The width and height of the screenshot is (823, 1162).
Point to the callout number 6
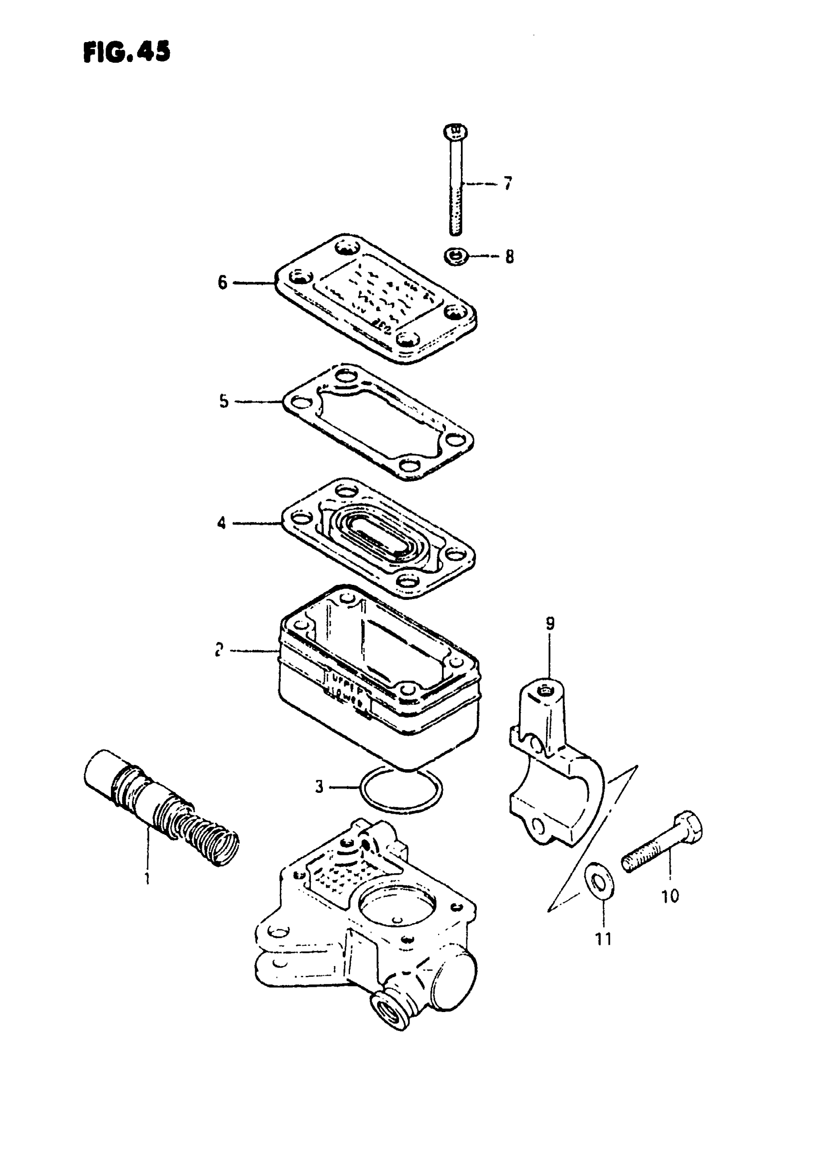pos(223,282)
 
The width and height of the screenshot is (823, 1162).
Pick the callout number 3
pos(319,787)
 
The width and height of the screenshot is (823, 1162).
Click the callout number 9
pos(550,623)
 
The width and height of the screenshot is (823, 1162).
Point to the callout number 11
pos(603,939)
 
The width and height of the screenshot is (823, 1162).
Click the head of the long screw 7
pos(455,133)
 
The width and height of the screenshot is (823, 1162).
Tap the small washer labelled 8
pos(456,257)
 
